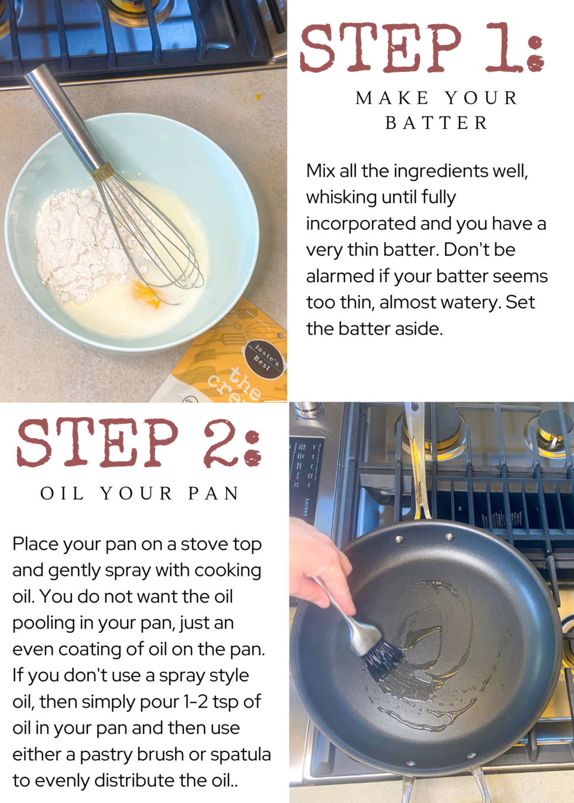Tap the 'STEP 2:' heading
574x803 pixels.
point(138,443)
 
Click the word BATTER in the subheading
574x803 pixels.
point(436,123)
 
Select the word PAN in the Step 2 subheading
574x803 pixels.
point(214,493)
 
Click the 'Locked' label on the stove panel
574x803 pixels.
point(306,507)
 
